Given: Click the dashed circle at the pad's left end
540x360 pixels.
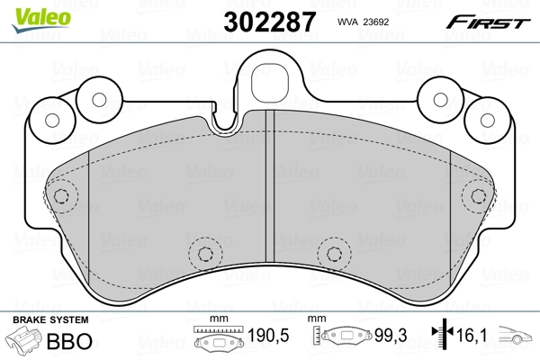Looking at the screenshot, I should coord(61,197).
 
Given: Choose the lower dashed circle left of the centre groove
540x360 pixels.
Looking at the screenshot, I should coord(205,252).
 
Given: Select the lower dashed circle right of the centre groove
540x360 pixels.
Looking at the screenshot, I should coord(333,252).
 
